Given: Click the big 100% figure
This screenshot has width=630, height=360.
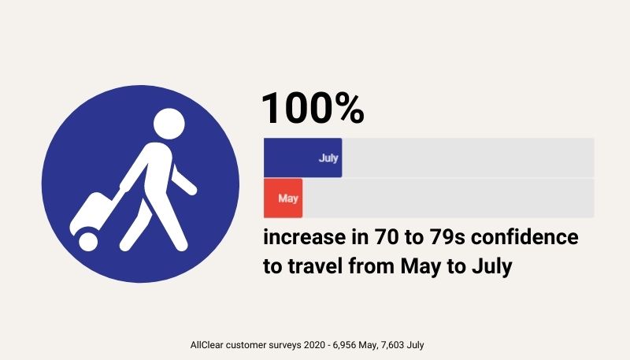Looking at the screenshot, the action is pyautogui.click(x=313, y=108).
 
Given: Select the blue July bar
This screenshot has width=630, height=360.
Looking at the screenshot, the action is pyautogui.click(x=303, y=158).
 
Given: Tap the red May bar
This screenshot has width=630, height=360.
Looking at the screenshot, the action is pyautogui.click(x=283, y=198).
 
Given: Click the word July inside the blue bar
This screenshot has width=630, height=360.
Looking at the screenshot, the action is pyautogui.click(x=328, y=158).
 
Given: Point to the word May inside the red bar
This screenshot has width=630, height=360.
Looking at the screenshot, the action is pyautogui.click(x=288, y=198).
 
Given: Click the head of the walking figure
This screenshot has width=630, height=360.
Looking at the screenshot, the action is pyautogui.click(x=169, y=124).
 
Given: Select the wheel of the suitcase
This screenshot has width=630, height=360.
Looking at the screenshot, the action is pyautogui.click(x=88, y=241).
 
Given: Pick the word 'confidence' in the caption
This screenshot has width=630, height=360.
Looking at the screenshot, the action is pyautogui.click(x=524, y=236).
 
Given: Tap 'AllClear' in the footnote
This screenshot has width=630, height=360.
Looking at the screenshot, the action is pyautogui.click(x=206, y=345).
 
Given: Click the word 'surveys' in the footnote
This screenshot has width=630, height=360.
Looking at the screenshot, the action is pyautogui.click(x=287, y=345).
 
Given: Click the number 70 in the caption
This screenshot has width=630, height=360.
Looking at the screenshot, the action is pyautogui.click(x=386, y=237).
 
